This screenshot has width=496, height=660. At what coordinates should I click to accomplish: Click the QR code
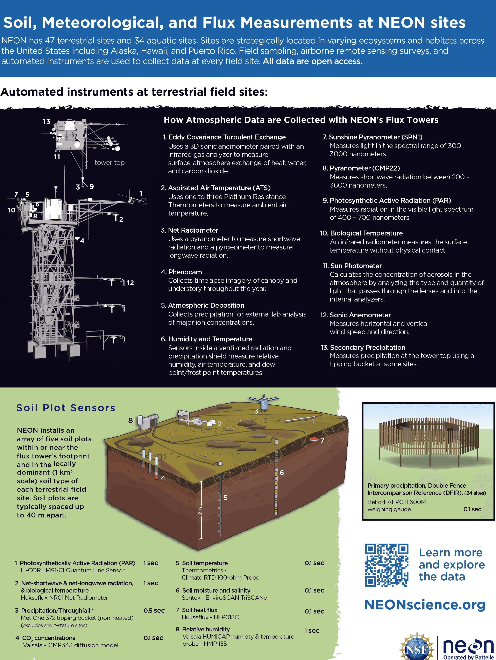point(387,565)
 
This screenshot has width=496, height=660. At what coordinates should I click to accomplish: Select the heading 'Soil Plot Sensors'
point(66,408)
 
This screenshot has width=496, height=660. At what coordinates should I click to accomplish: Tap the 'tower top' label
point(109,163)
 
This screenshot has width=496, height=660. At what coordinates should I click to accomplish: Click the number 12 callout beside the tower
point(130,283)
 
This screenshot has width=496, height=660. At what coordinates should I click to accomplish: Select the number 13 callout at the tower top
point(46,121)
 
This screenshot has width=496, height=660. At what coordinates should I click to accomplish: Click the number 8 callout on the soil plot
point(130,420)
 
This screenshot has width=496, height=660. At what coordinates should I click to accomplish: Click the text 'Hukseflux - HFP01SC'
point(210,617)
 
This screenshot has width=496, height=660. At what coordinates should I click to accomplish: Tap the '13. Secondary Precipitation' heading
point(363,347)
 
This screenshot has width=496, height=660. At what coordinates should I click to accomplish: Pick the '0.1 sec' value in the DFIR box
point(472,509)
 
